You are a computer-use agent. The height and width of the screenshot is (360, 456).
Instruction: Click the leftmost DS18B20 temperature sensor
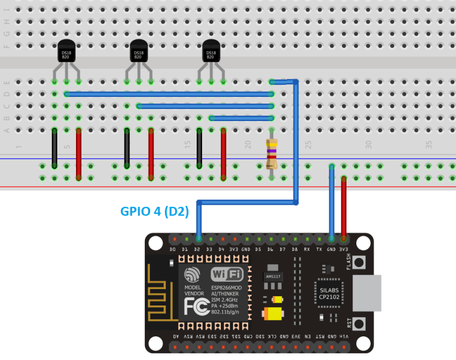tap(66, 52)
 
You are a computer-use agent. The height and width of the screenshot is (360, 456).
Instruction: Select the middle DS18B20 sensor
tap(138, 52)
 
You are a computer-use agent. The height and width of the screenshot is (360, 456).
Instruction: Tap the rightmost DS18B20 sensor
tap(210, 52)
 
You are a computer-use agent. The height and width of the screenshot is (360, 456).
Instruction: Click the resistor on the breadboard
tap(272, 154)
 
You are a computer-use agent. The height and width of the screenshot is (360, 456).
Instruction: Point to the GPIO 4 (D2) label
tap(154, 211)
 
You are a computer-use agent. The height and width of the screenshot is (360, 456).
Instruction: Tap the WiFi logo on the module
tap(226, 274)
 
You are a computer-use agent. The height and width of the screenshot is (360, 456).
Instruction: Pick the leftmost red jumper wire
tap(79, 154)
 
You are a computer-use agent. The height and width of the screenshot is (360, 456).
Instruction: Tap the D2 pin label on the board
tap(197, 249)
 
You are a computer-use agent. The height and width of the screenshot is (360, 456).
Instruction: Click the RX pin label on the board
tap(307, 249)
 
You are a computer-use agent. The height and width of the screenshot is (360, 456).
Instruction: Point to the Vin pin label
tap(344, 336)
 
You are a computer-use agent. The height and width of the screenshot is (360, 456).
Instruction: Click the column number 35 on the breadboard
tap(428, 144)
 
